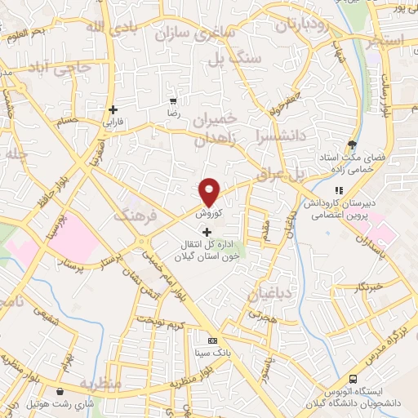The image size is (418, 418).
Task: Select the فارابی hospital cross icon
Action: point(113,109)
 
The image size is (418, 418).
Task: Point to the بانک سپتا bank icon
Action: point(213,340)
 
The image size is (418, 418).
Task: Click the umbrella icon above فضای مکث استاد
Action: point(352,141)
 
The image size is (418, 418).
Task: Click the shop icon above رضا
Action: point(173,91)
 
